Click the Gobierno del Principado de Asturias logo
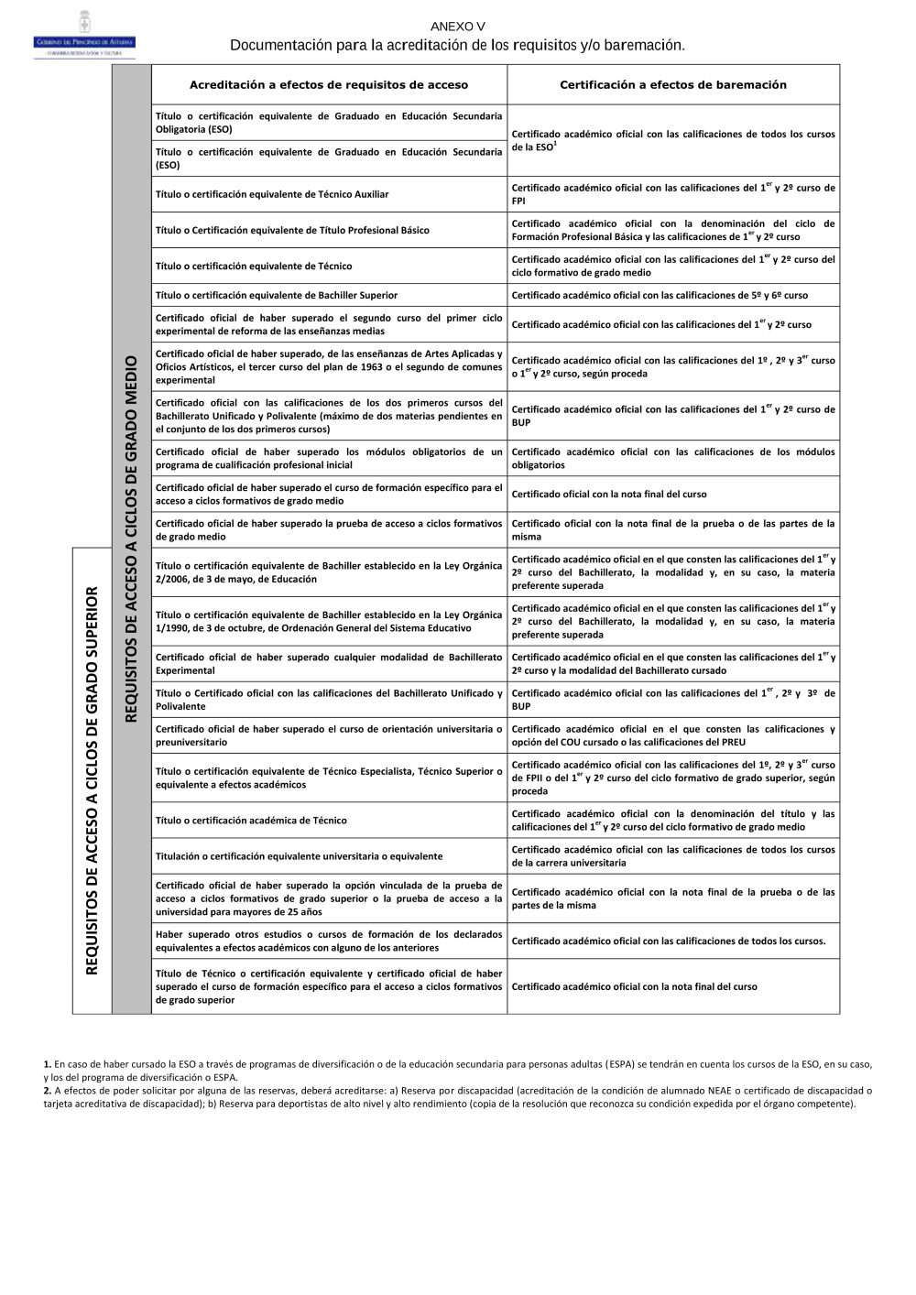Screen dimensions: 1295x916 [84, 37]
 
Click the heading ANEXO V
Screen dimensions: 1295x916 [457, 27]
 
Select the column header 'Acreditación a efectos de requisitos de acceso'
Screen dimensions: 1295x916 [328, 85]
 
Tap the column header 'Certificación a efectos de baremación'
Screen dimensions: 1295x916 [673, 85]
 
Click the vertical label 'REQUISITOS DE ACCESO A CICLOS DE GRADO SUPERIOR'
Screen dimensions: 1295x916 [93, 780]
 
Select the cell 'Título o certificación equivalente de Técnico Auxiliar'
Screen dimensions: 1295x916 [272, 194]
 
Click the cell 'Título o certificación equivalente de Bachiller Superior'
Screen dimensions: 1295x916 [277, 296]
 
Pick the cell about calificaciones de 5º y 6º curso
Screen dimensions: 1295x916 [660, 296]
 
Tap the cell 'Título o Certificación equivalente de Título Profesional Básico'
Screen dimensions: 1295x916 [292, 230]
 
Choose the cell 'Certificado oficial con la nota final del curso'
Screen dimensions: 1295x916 [609, 495]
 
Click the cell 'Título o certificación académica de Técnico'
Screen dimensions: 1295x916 [251, 821]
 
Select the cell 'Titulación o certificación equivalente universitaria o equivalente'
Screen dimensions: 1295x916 [299, 856]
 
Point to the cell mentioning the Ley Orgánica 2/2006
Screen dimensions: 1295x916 [329, 572]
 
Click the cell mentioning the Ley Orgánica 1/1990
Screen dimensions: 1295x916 [329, 622]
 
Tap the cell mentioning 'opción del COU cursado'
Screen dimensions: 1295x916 [673, 735]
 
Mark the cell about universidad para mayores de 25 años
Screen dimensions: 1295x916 [329, 898]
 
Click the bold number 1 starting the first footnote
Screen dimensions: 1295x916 [47, 1064]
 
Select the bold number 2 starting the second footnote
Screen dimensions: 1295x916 [47, 1091]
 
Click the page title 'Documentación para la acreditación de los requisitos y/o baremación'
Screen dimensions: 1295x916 [457, 45]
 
